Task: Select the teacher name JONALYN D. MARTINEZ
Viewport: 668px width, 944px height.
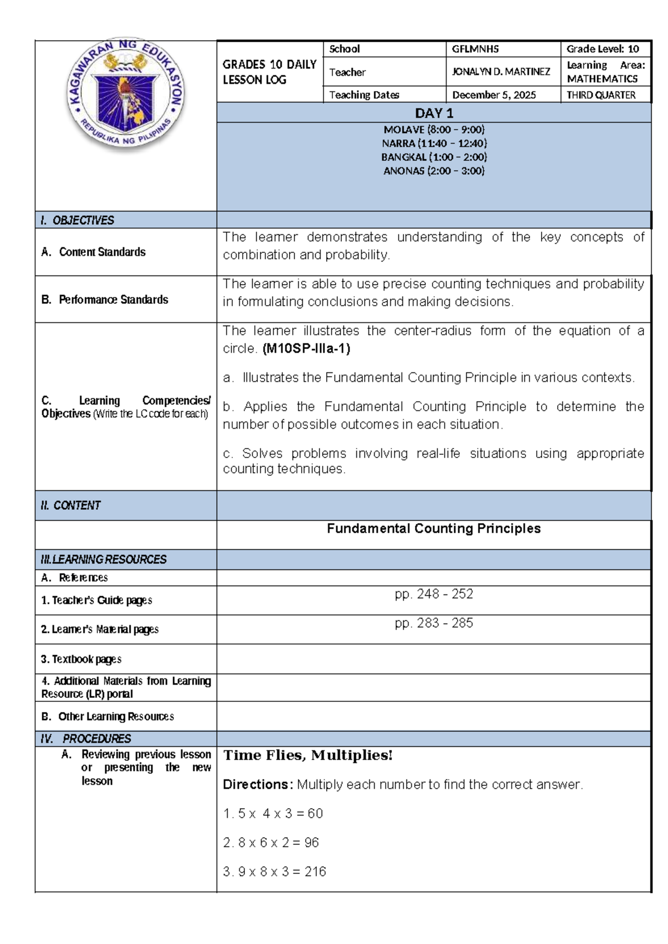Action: pyautogui.click(x=500, y=72)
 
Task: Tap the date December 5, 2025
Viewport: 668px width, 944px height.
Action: pyautogui.click(x=494, y=95)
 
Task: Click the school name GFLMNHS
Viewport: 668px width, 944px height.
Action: pyautogui.click(x=475, y=49)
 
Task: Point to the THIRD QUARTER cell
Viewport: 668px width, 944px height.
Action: pyautogui.click(x=601, y=95)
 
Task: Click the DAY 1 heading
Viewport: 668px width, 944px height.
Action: pyautogui.click(x=434, y=114)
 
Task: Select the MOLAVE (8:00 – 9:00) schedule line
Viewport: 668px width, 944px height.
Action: pyautogui.click(x=434, y=130)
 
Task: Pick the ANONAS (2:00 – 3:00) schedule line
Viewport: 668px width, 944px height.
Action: pyautogui.click(x=434, y=171)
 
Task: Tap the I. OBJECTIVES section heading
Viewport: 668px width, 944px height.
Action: pyautogui.click(x=77, y=220)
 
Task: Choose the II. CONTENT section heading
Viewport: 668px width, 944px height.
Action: pyautogui.click(x=71, y=505)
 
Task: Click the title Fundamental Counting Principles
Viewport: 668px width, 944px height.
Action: pyautogui.click(x=434, y=528)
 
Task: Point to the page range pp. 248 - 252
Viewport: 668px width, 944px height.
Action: pyautogui.click(x=434, y=594)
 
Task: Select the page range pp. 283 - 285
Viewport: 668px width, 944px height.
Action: pyautogui.click(x=434, y=623)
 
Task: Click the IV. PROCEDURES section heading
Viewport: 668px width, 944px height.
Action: pyautogui.click(x=86, y=739)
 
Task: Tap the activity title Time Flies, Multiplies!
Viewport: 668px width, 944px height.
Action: pyautogui.click(x=308, y=755)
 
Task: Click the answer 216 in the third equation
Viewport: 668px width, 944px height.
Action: pyautogui.click(x=315, y=872)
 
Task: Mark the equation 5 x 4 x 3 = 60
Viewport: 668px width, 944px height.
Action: pyautogui.click(x=273, y=814)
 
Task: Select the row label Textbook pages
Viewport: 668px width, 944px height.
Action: pyautogui.click(x=81, y=659)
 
